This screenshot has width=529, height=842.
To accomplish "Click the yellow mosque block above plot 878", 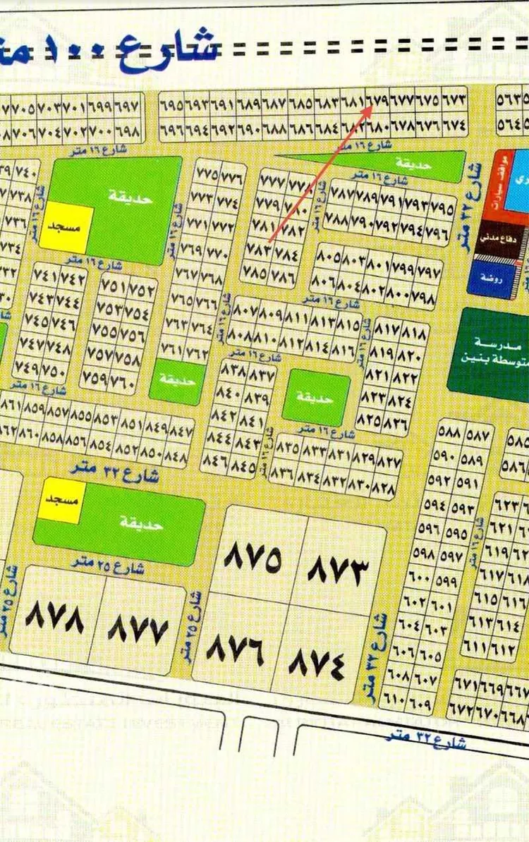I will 62,501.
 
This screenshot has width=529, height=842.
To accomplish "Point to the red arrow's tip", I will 372,106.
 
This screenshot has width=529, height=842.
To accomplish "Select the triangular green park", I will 395,162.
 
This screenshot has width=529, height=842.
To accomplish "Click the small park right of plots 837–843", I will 316,397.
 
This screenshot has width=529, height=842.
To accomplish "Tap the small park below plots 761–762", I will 177,382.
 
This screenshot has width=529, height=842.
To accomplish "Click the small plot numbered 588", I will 449,430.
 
